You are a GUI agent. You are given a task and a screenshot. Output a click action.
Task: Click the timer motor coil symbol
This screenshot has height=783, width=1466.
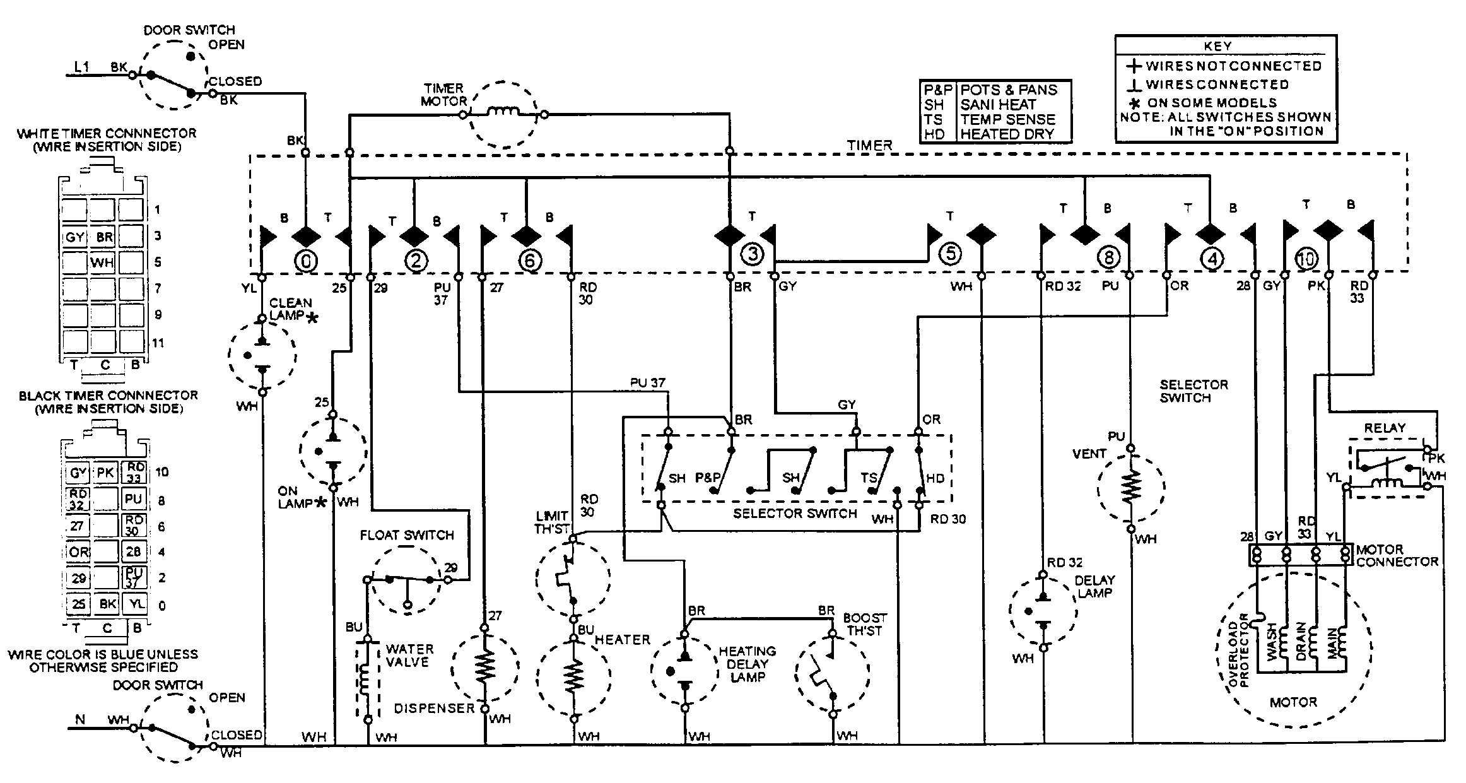(503, 114)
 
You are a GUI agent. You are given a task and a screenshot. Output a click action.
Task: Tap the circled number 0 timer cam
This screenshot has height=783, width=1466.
(305, 260)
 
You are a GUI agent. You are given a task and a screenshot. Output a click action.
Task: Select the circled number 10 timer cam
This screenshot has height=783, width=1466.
(1306, 258)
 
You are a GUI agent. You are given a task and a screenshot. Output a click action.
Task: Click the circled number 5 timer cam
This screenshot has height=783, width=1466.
(950, 254)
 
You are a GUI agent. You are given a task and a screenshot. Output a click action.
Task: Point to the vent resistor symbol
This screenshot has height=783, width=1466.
(1131, 486)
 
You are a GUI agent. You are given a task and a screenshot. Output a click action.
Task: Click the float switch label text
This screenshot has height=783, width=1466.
(407, 535)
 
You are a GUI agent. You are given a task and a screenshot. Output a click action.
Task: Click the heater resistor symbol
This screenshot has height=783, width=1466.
(573, 677)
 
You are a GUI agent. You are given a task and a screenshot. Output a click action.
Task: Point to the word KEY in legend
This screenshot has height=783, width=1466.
(1217, 46)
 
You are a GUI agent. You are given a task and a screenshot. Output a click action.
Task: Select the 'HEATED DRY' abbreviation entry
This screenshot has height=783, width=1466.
(1007, 134)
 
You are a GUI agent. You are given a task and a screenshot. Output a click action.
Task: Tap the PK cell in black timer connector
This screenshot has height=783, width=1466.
(105, 473)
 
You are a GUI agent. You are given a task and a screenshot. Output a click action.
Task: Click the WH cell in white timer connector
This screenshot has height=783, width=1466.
(102, 262)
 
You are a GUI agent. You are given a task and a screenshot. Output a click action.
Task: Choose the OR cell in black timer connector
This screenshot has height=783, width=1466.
(78, 552)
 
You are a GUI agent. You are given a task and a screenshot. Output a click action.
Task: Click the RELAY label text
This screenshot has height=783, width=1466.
(1385, 428)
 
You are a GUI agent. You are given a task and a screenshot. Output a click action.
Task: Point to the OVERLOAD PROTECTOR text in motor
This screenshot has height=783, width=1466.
(1238, 650)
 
